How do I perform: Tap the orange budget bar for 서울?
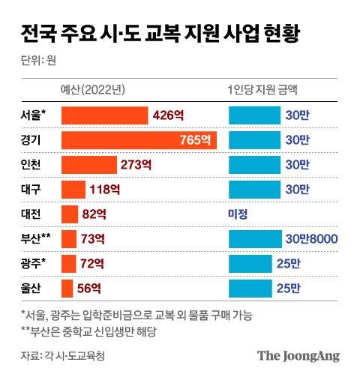coord(104,115)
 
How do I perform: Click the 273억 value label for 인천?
coord(136,164)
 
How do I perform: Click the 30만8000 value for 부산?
coord(310,238)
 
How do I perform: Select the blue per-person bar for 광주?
coord(249,263)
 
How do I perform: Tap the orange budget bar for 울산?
coord(67,288)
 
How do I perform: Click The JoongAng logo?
coord(298,356)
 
